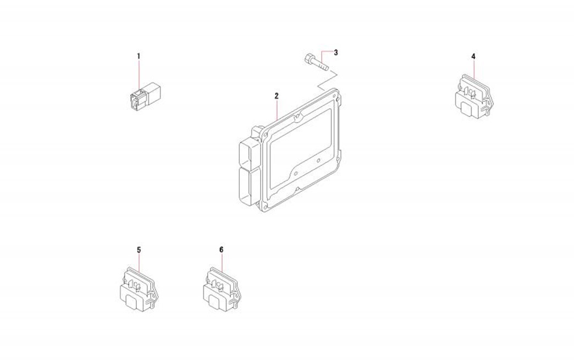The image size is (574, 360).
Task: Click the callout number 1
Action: click(x=139, y=56)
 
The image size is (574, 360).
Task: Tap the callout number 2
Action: click(x=277, y=96)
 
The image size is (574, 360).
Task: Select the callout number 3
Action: click(x=336, y=52)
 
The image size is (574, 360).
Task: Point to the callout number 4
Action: click(x=473, y=56)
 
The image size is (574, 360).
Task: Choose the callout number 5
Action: click(x=139, y=250)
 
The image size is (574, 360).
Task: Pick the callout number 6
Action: click(x=221, y=250)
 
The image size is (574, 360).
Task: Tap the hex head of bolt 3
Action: click(x=308, y=58)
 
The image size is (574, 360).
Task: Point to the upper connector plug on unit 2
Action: click(x=249, y=152)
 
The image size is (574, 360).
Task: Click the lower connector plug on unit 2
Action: click(x=249, y=185)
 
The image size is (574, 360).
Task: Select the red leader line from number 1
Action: click(x=139, y=75)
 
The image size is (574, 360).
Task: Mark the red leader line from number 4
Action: click(x=474, y=69)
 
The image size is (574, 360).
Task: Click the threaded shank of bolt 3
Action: click(x=321, y=66)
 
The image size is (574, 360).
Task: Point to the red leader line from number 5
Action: click(x=140, y=263)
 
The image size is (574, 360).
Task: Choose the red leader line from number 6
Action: click(x=222, y=263)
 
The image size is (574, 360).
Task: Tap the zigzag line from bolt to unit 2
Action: click(x=327, y=80)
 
